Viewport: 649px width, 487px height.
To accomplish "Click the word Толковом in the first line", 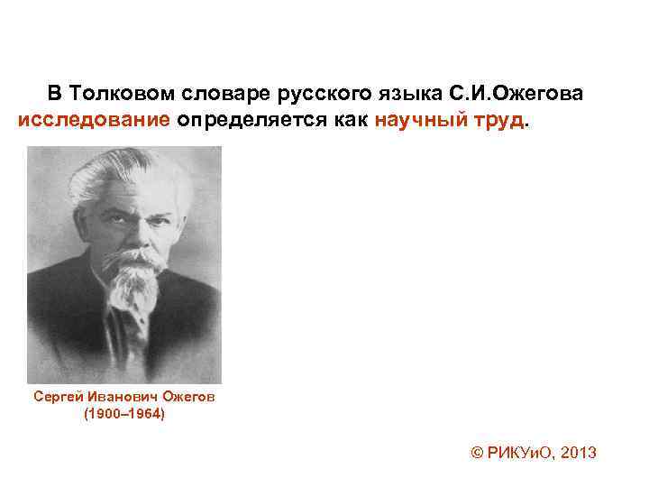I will pos(122,94).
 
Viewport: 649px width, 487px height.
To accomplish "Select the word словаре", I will pos(216,94).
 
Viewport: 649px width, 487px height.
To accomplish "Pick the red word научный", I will pos(416,120).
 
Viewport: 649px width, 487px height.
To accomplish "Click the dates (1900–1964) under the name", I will pos(124,416).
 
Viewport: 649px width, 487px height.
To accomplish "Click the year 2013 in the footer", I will pos(578,453).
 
